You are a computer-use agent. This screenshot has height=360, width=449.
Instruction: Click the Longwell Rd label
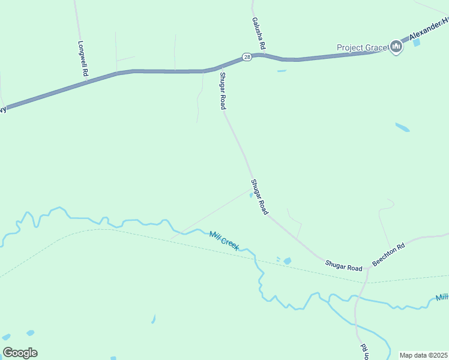pyautogui.click(x=83, y=58)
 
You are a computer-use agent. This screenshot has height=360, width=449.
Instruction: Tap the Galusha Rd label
pyautogui.click(x=258, y=32)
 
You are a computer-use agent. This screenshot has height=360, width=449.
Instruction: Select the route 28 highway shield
pyautogui.click(x=247, y=56)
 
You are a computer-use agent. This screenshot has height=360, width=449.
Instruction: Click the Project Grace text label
pyautogui.click(x=362, y=47)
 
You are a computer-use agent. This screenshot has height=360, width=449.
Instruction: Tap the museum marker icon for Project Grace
pyautogui.click(x=396, y=46)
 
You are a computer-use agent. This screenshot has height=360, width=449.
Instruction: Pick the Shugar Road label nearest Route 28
pyautogui.click(x=222, y=91)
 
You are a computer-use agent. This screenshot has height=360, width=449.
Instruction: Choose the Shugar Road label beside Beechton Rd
pyautogui.click(x=344, y=266)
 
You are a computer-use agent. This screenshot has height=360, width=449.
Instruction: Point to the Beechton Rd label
pyautogui.click(x=388, y=254)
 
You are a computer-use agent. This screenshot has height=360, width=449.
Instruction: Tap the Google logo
pyautogui.click(x=20, y=353)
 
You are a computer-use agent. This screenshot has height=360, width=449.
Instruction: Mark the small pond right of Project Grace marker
pyautogui.click(x=417, y=43)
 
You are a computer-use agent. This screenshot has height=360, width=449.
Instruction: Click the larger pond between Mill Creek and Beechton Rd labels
pyautogui.click(x=287, y=261)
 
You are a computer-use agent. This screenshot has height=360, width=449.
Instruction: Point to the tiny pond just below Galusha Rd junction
pyautogui.click(x=282, y=71)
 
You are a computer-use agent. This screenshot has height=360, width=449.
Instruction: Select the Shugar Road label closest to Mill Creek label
pyautogui.click(x=259, y=197)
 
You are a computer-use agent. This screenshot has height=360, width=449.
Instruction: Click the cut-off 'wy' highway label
pyautogui.click(x=3, y=109)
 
